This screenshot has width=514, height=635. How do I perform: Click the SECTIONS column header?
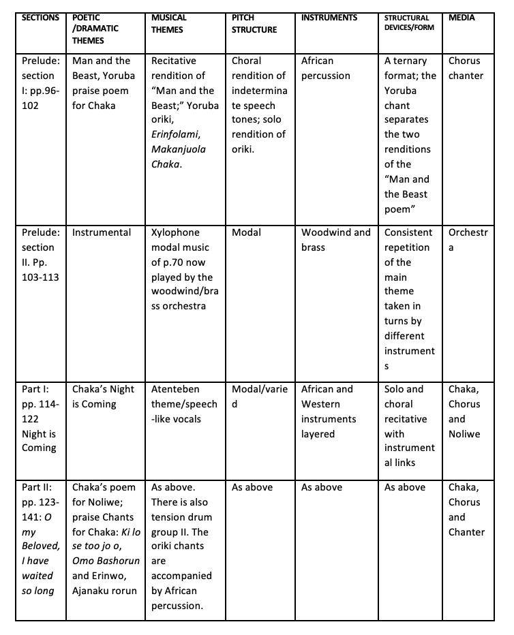[40, 18]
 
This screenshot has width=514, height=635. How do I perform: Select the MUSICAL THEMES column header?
[168, 23]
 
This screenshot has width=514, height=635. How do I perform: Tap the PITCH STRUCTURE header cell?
[254, 23]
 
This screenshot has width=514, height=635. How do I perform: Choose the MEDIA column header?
[462, 18]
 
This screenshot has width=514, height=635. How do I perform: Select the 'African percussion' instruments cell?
[326, 68]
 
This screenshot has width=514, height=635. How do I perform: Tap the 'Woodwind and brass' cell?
[335, 240]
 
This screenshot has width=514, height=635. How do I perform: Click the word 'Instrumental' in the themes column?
[102, 232]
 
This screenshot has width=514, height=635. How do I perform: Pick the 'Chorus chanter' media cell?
[466, 68]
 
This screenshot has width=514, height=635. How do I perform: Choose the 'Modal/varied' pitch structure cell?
[260, 397]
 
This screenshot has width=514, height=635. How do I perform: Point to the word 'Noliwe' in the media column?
[464, 434]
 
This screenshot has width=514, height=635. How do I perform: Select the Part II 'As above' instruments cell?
[322, 487]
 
